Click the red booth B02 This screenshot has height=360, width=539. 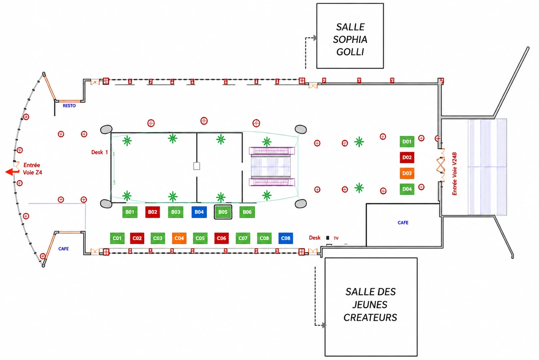(152, 212)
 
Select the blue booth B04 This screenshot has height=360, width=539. (199, 212)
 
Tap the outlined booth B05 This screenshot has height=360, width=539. (223, 212)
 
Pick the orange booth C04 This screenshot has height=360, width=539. (179, 238)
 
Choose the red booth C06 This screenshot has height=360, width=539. (221, 238)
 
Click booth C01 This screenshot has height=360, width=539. (117, 238)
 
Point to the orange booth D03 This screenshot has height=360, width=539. (407, 173)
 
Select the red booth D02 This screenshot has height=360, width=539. (407, 157)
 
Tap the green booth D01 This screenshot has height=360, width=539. (407, 142)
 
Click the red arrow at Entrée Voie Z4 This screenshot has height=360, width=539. (12, 172)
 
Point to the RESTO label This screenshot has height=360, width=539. (69, 106)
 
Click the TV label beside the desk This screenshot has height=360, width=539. (336, 238)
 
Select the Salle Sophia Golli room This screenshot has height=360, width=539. (350, 36)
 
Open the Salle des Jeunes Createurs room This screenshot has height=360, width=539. (371, 307)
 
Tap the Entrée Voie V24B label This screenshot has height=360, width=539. (454, 174)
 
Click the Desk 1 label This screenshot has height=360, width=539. (100, 152)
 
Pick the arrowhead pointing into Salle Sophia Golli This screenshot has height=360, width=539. (315, 38)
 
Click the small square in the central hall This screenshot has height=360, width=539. (197, 166)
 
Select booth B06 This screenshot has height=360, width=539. (247, 212)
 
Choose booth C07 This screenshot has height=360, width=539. (243, 238)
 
